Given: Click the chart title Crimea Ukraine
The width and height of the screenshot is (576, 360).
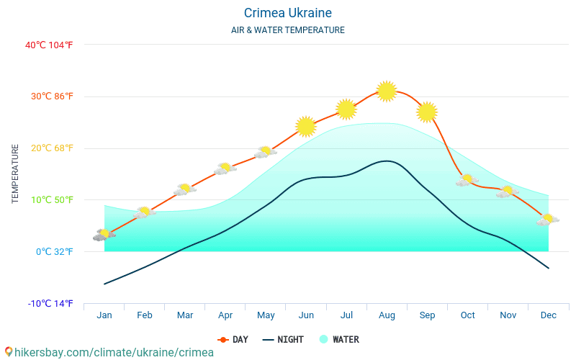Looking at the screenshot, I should (287, 13).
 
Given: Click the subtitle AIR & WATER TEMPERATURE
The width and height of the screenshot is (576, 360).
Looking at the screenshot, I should (287, 30).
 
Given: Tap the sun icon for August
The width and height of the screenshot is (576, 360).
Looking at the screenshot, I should (387, 91).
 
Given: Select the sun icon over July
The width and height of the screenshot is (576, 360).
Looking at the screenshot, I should (346, 109).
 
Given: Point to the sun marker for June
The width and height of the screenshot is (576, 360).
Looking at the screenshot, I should (306, 127).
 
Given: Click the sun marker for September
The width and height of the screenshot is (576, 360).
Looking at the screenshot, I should (427, 112).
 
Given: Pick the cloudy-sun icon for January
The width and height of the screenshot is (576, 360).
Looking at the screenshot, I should (104, 235).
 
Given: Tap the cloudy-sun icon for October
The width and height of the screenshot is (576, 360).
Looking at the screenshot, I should (467, 180).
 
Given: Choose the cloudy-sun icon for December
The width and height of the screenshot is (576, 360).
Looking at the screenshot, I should (548, 220).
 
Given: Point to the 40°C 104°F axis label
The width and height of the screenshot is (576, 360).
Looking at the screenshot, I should (49, 45).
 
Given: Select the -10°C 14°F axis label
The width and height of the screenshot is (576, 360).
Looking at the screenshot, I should (50, 303).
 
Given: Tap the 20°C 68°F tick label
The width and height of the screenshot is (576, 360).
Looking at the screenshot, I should (49, 148).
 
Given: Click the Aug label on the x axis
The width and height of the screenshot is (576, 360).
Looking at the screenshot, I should (387, 315).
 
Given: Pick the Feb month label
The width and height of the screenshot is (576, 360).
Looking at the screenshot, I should (145, 315).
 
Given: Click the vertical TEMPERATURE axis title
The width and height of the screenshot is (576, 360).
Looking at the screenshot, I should (15, 174).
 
